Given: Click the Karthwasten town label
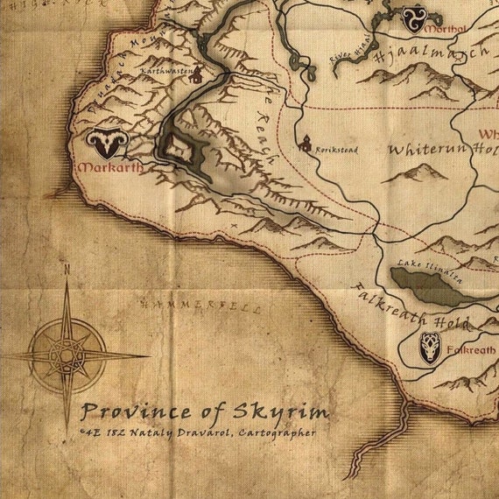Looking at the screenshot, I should (x=166, y=72).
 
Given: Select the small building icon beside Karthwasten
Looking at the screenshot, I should (x=197, y=75).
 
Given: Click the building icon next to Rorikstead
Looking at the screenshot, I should (x=306, y=144).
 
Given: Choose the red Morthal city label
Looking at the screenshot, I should (x=445, y=29).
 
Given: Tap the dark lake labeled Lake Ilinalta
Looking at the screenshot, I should (x=428, y=287).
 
